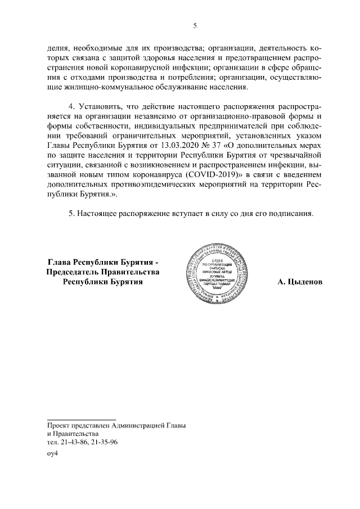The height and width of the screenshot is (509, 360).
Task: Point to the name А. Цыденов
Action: [x=300, y=282]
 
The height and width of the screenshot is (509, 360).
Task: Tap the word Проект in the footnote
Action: [x=61, y=425]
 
